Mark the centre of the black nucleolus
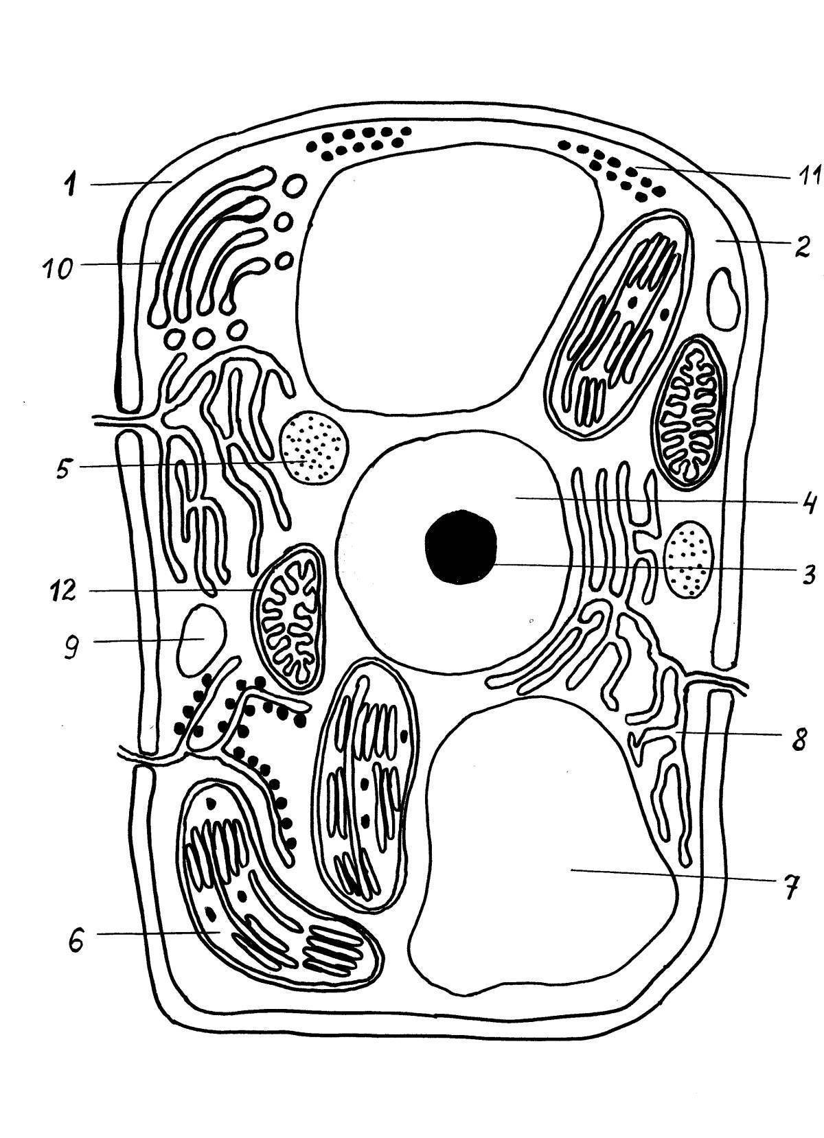[x=461, y=547]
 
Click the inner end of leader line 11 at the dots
[x=637, y=167]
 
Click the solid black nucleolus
[x=461, y=547]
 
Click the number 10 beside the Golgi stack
[x=58, y=269]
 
